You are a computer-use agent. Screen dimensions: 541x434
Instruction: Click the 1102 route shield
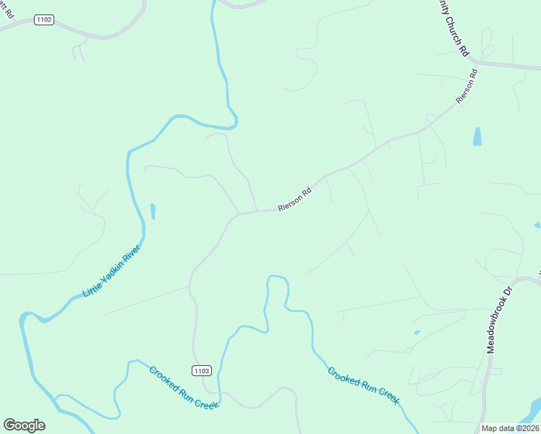click(44, 20)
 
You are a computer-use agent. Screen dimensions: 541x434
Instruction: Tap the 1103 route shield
click(202, 370)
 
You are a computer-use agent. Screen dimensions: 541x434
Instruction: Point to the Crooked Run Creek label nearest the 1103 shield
click(184, 388)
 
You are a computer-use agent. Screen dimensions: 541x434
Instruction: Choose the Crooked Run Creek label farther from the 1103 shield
click(363, 386)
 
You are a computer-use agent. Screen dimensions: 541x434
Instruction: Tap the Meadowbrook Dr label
click(498, 318)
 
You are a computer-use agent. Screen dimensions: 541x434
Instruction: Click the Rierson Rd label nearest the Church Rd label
click(467, 85)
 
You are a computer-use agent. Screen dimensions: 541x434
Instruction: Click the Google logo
click(24, 425)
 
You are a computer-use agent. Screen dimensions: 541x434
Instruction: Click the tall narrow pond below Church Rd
click(477, 136)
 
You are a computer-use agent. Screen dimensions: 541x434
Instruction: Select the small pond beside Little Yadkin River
click(153, 211)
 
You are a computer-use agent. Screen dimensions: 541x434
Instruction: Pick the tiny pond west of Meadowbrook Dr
click(417, 333)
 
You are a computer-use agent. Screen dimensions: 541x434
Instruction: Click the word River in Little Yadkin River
click(132, 254)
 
